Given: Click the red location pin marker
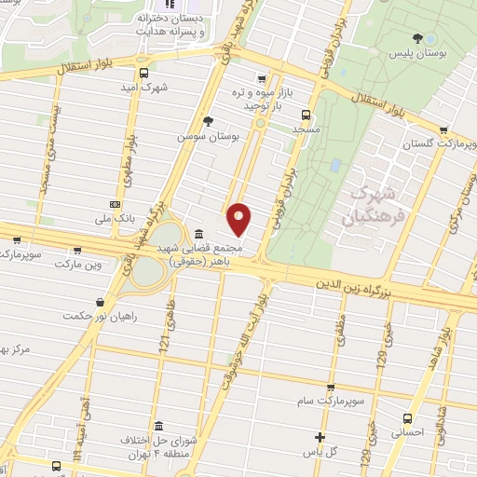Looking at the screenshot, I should pos(240,218).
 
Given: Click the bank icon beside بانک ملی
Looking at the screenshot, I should pos(115,204).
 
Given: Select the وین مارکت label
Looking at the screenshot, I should pos(76,266).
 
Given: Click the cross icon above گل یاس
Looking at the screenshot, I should pos(320,437).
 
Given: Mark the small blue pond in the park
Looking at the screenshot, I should pos(334,165).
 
